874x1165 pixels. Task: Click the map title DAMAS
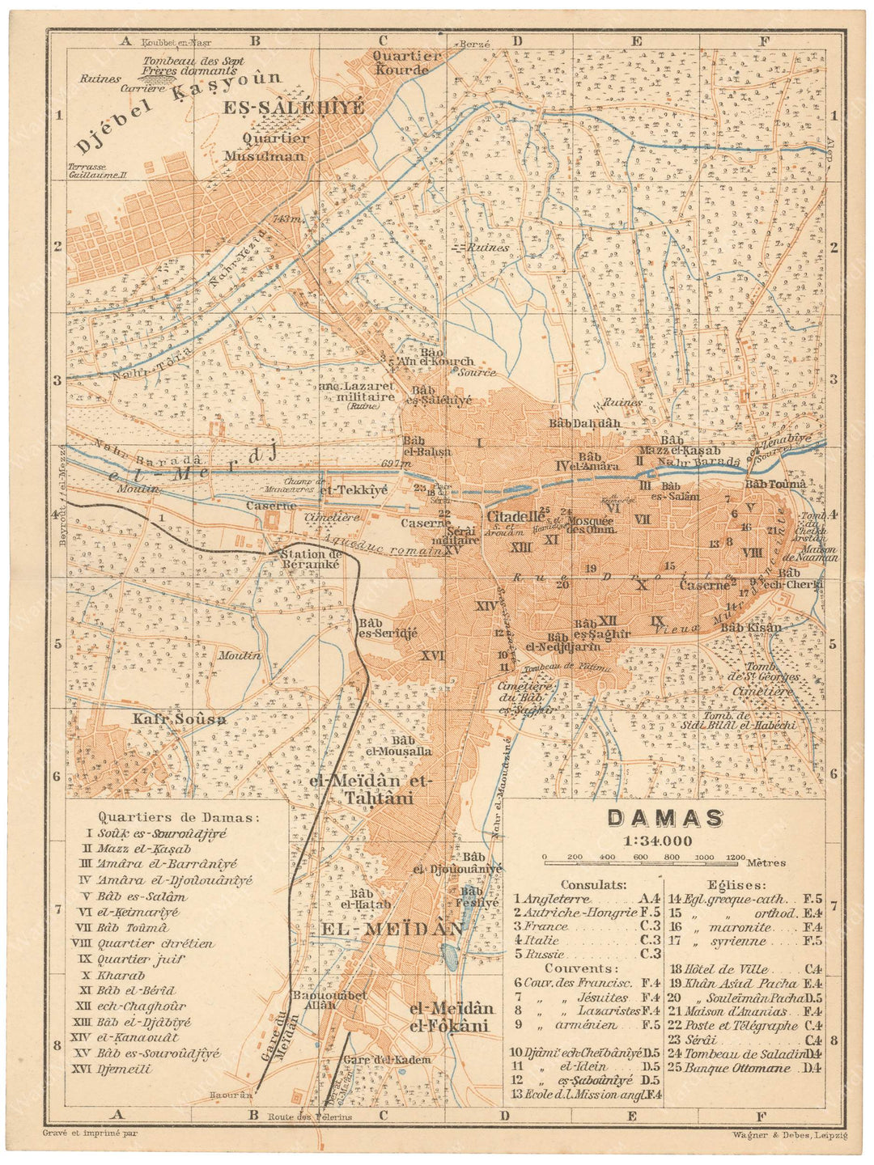[664, 818]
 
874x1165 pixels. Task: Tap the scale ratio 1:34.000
[657, 841]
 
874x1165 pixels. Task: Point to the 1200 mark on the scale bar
[735, 857]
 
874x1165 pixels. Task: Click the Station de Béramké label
[310, 559]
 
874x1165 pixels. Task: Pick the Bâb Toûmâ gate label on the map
[775, 484]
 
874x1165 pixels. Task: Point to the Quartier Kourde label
[401, 63]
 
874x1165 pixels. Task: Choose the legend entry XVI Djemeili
[124, 1069]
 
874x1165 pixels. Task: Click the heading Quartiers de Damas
[178, 817]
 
